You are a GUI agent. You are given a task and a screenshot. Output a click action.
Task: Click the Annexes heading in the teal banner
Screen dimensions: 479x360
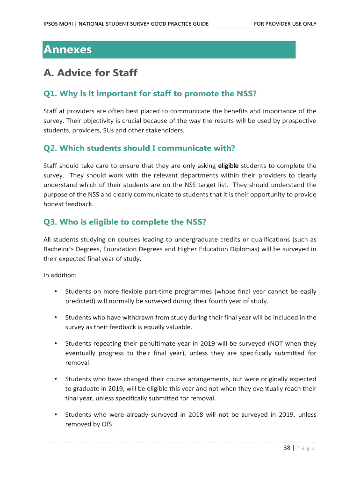point(68,50)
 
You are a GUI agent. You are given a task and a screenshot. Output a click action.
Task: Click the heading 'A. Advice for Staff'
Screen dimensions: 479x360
point(90,73)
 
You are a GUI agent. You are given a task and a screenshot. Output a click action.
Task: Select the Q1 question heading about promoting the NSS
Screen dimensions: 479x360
point(150,94)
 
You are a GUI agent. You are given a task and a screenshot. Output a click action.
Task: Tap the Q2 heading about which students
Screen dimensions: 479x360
point(139,148)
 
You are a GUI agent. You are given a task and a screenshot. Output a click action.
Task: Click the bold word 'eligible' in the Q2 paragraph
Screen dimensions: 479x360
point(229,166)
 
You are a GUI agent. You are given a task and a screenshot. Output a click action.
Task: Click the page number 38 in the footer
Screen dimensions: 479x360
point(287,448)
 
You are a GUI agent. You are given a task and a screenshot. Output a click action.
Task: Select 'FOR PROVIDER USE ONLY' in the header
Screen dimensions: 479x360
point(285,24)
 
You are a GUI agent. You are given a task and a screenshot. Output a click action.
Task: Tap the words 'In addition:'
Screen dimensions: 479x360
point(57,275)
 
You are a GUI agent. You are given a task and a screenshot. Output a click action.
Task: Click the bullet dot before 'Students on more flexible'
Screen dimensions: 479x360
point(56,291)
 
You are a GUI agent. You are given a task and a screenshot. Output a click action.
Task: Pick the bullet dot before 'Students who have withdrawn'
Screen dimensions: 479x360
point(56,317)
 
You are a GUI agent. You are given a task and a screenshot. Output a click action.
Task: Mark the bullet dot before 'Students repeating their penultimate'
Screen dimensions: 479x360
point(56,343)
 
